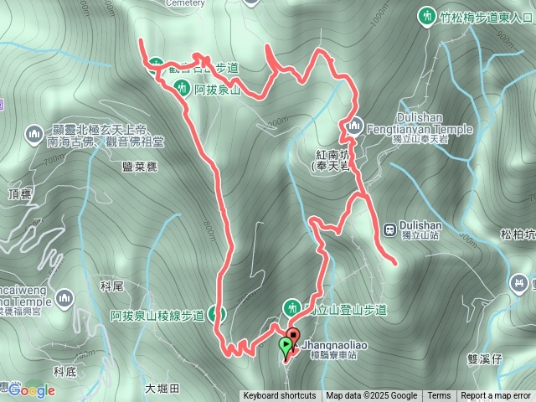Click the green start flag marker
click(x=286, y=344)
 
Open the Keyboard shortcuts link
click(x=280, y=396)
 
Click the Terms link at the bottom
click(x=439, y=396)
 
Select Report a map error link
click(x=497, y=396)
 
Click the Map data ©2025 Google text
click(x=372, y=396)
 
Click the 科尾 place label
click(x=111, y=286)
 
